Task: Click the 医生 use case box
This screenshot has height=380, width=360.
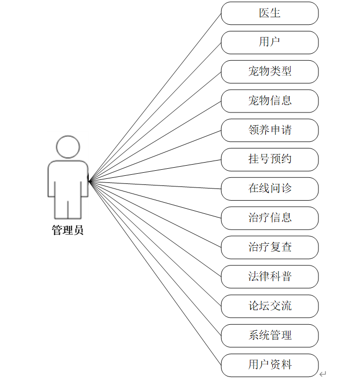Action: tap(270, 13)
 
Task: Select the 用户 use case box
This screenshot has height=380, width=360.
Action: tap(270, 42)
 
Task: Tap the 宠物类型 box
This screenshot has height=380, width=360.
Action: tap(270, 71)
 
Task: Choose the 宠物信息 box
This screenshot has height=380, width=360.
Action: tap(270, 101)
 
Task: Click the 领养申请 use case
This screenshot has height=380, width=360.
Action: tap(270, 130)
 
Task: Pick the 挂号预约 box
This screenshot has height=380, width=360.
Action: tap(270, 159)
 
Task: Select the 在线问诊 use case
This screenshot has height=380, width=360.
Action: tap(270, 188)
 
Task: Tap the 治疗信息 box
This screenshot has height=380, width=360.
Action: tap(270, 218)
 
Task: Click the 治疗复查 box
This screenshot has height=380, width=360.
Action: tap(270, 247)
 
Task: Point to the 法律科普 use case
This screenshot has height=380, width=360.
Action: tap(270, 277)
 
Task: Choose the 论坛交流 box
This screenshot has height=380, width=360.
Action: tap(270, 306)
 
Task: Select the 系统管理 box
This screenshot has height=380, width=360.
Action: tap(270, 335)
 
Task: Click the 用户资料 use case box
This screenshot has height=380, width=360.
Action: tap(270, 364)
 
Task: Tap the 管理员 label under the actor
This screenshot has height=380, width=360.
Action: tap(67, 231)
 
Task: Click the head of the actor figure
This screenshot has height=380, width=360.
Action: tap(67, 146)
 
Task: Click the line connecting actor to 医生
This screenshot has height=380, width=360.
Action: tap(155, 97)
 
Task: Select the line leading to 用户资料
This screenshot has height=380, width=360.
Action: tap(155, 272)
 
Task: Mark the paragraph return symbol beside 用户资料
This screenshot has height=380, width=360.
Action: tap(323, 374)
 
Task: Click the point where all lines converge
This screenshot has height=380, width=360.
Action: tap(89, 180)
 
